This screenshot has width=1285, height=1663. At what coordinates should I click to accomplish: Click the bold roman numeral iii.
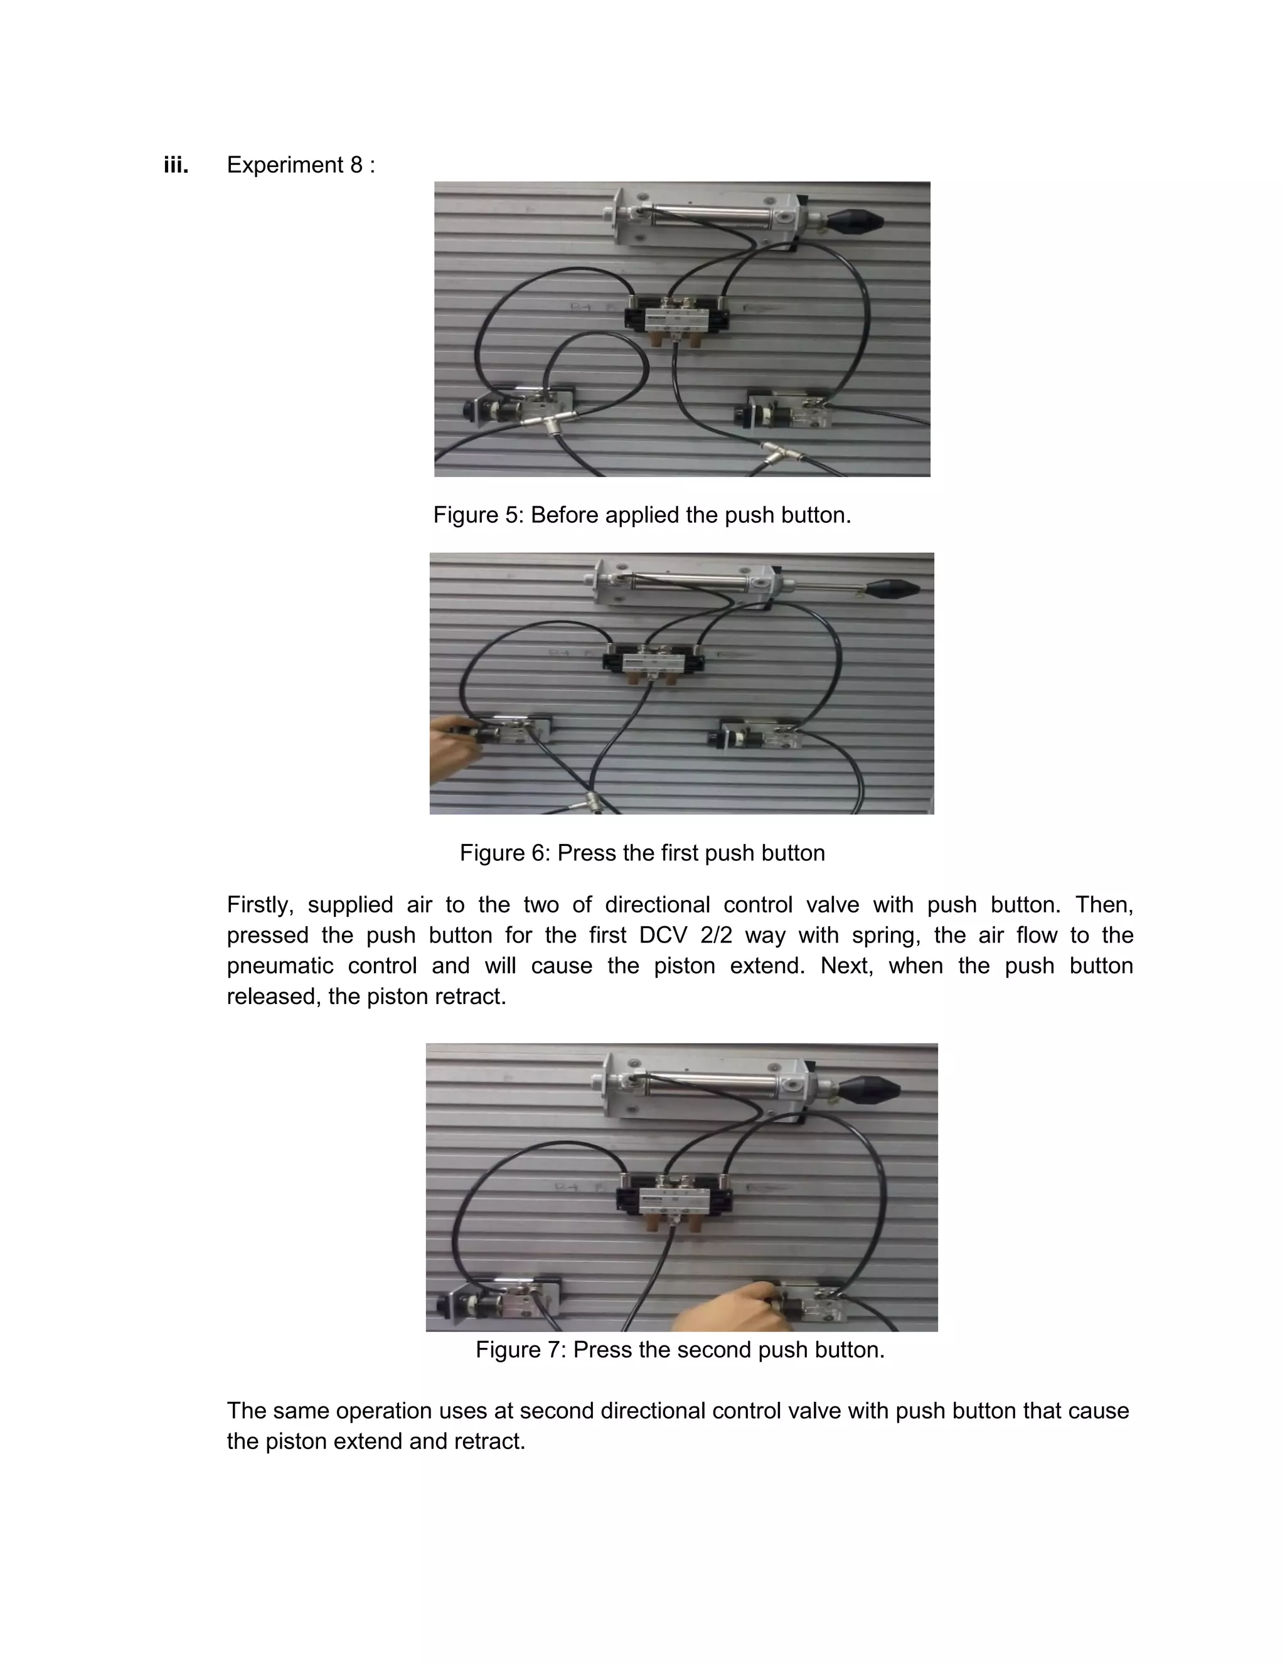(176, 165)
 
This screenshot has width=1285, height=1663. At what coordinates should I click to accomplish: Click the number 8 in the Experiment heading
(356, 165)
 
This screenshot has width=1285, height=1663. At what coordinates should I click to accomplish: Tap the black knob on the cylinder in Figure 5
(856, 222)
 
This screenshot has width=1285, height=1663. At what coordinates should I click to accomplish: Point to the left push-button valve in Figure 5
(519, 407)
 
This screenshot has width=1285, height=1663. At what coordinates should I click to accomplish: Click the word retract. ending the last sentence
(489, 1441)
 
